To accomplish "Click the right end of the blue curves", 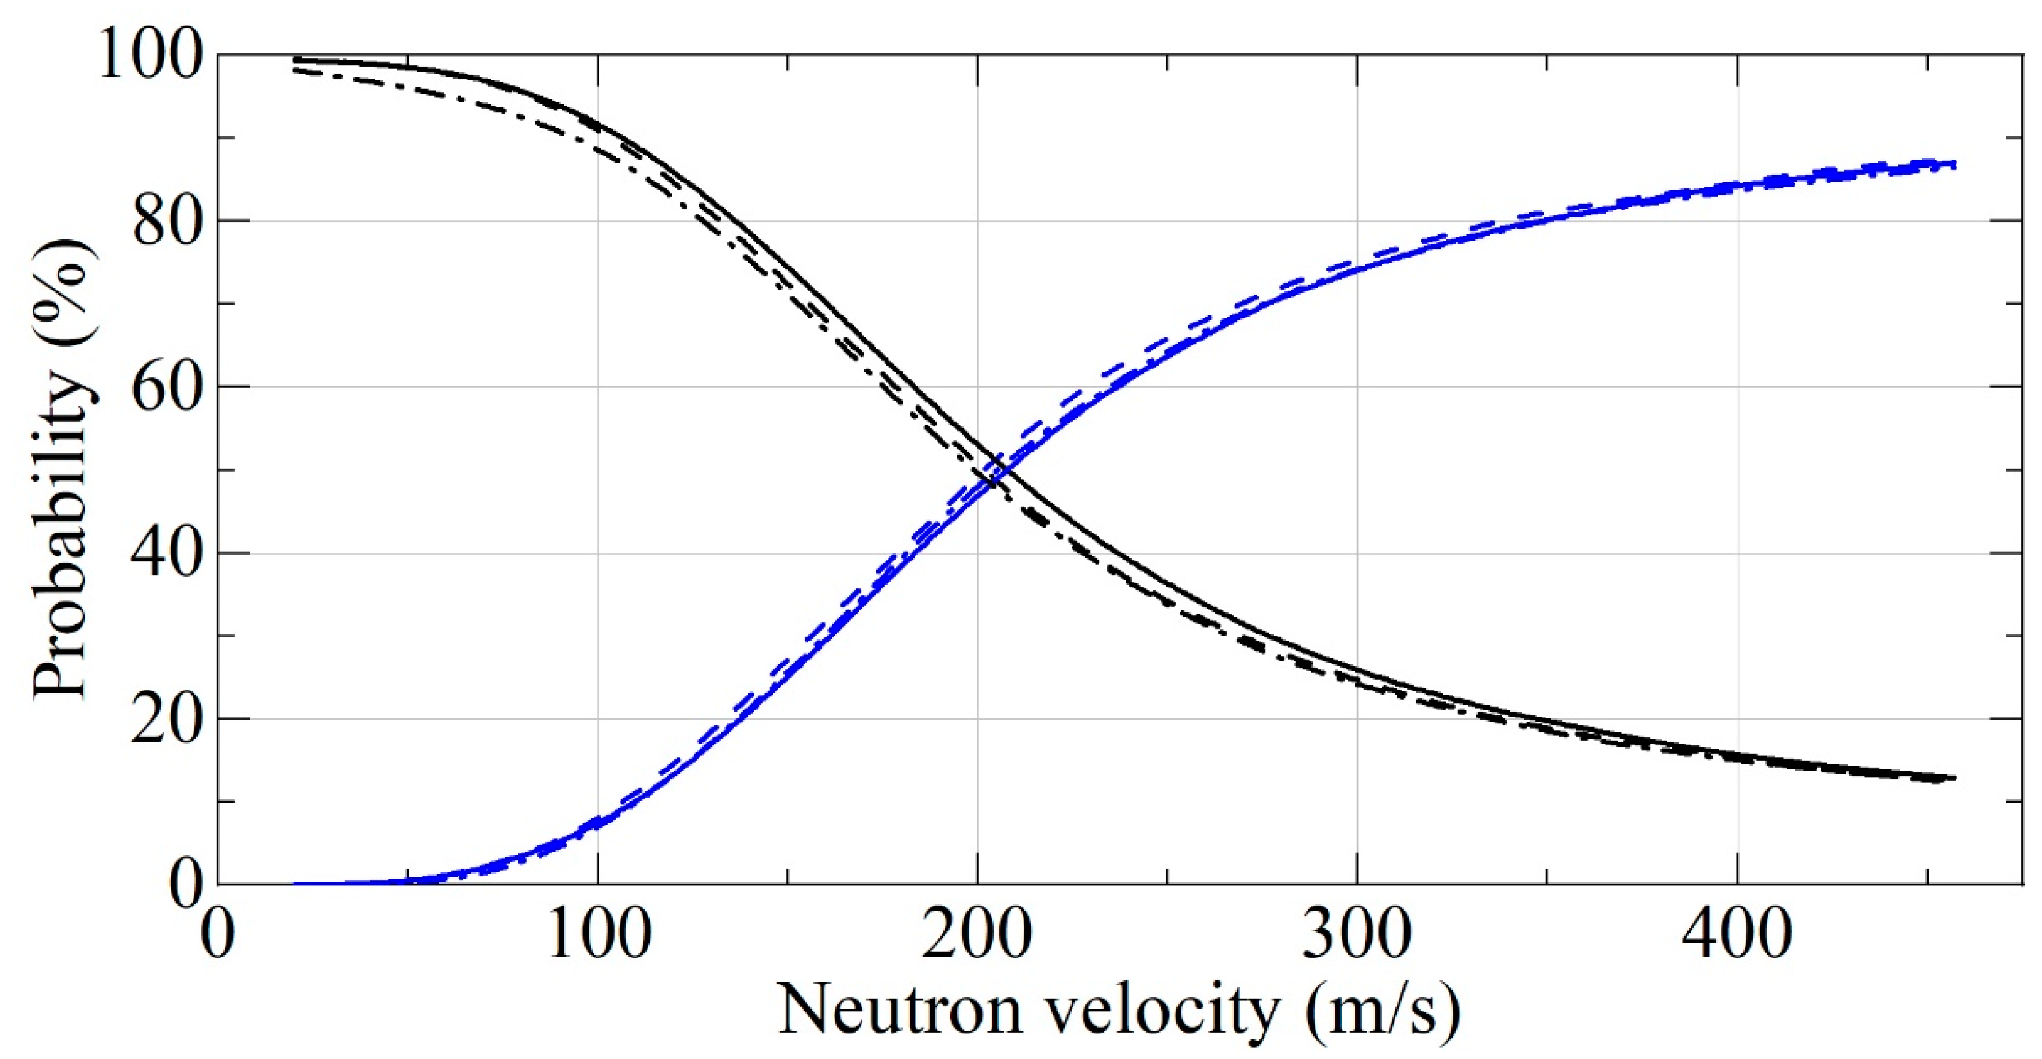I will click(1955, 164).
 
